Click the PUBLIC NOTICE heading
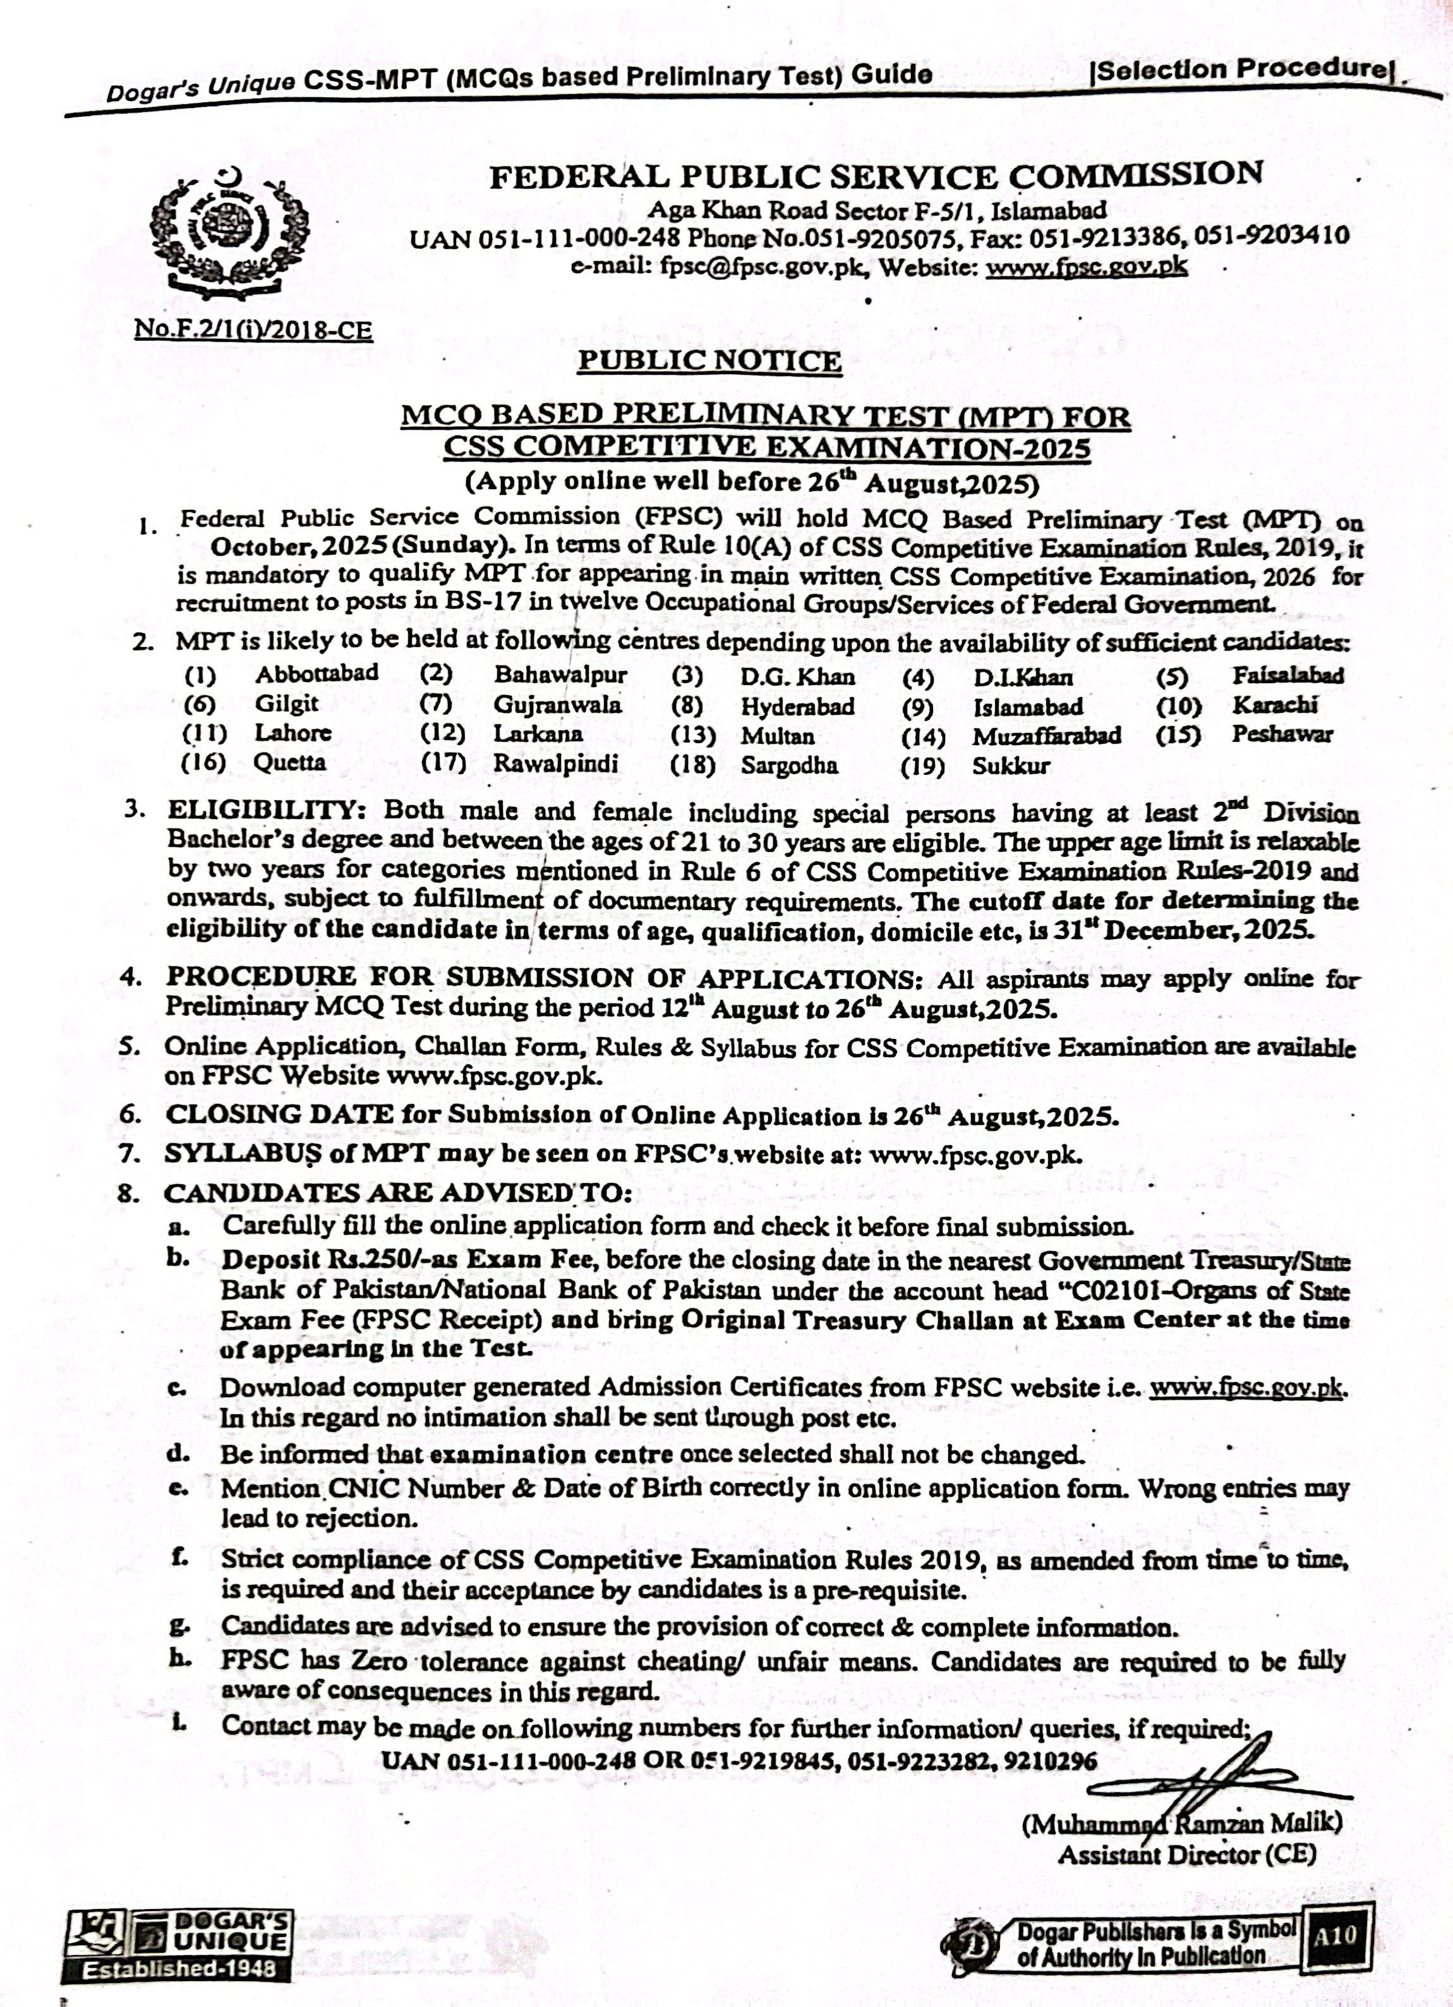pos(709,360)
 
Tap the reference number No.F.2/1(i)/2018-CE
pos(253,330)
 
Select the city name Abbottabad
pos(317,674)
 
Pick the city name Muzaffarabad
pos(1047,736)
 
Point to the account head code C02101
pos(1104,1290)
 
